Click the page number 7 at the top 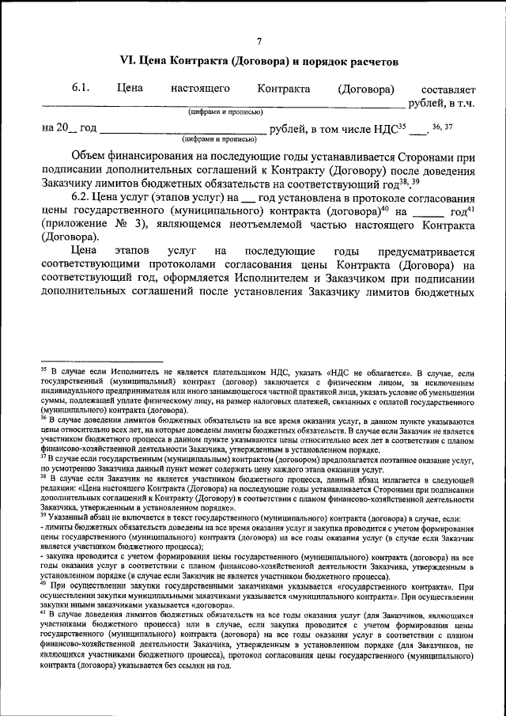tap(259, 42)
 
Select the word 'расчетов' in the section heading tap(365, 61)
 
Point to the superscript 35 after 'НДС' tap(402, 124)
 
